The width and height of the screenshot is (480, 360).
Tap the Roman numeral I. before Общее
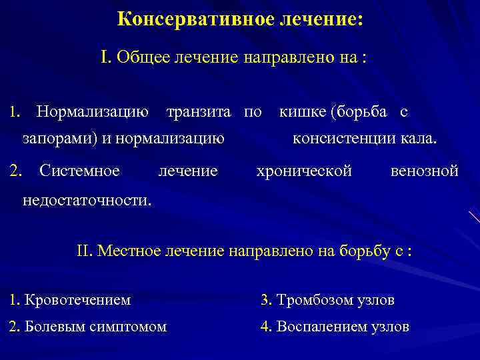coord(106,57)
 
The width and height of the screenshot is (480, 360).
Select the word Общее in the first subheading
coord(143,57)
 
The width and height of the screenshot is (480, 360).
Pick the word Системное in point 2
coord(79,171)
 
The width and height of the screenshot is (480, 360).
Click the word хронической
coord(304,171)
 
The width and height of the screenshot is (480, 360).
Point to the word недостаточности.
coord(87,199)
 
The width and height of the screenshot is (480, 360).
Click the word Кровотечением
coord(77,300)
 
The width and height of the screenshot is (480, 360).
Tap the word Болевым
coord(49,327)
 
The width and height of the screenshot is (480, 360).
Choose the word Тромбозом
coord(308,300)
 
